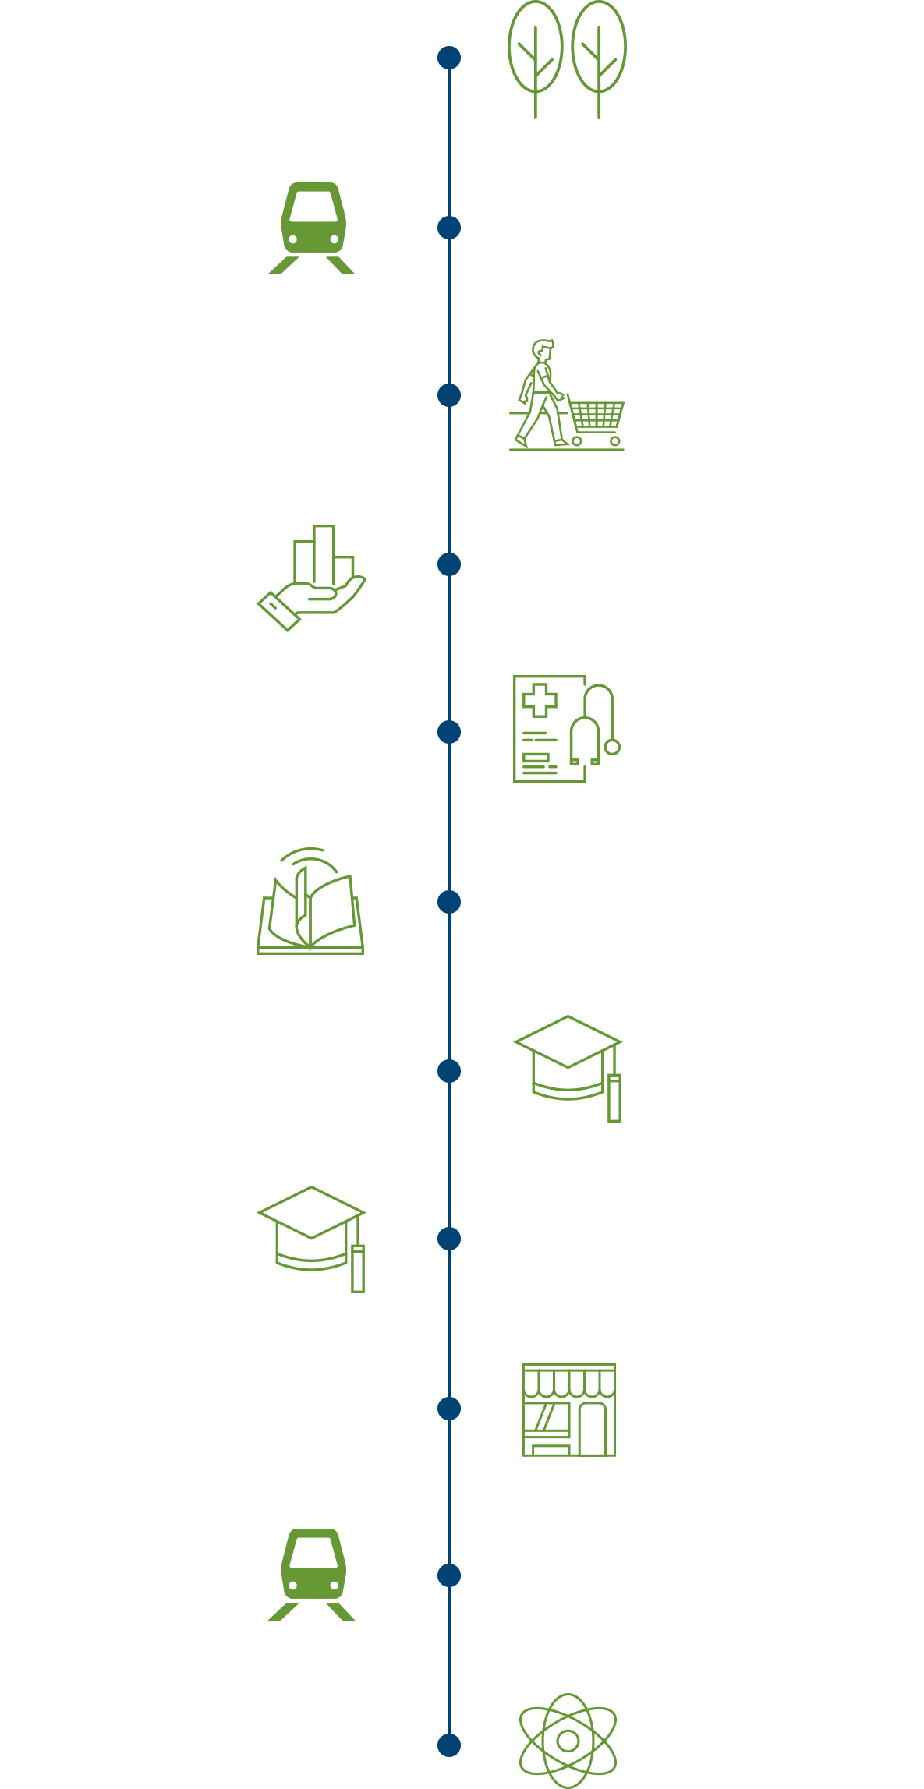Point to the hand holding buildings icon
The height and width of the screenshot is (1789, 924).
click(313, 578)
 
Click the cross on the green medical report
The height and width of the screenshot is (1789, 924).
click(540, 700)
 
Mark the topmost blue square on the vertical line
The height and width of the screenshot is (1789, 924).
click(449, 58)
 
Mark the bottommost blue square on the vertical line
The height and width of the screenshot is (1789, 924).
click(449, 1745)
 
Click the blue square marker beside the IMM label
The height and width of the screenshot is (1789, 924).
click(449, 901)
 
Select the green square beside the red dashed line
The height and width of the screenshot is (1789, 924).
click(306, 228)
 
